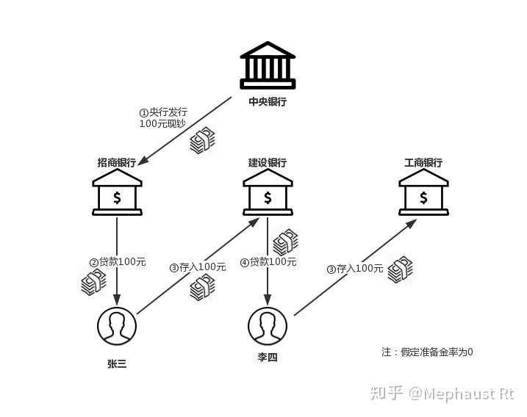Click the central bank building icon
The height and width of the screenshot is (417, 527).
[x=268, y=65]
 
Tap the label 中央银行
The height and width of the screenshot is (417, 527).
[x=268, y=101]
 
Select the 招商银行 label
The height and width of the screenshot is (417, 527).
[x=117, y=162]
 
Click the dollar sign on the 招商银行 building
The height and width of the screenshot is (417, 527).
[x=117, y=197]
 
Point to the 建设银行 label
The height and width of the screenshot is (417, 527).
[x=268, y=162]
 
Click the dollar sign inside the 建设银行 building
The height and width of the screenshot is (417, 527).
[x=268, y=197]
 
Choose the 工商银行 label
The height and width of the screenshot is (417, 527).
[x=423, y=162]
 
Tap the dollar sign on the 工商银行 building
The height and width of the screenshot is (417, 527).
[x=423, y=197]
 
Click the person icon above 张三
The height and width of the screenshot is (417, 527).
[x=117, y=326]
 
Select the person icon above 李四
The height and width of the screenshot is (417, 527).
[x=268, y=326]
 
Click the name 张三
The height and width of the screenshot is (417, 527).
[x=117, y=363]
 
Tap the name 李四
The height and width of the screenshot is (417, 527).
[x=268, y=357]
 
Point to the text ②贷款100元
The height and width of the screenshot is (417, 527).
[x=118, y=261]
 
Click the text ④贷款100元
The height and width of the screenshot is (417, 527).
[x=268, y=261]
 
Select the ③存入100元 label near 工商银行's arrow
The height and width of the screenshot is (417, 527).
[x=355, y=269]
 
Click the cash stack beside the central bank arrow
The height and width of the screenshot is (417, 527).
[x=203, y=140]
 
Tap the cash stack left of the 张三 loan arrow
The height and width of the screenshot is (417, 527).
[x=94, y=283]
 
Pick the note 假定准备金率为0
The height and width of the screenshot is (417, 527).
[x=437, y=352]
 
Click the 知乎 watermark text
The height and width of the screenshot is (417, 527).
[x=387, y=393]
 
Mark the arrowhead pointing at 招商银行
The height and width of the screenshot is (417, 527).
[x=143, y=161]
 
